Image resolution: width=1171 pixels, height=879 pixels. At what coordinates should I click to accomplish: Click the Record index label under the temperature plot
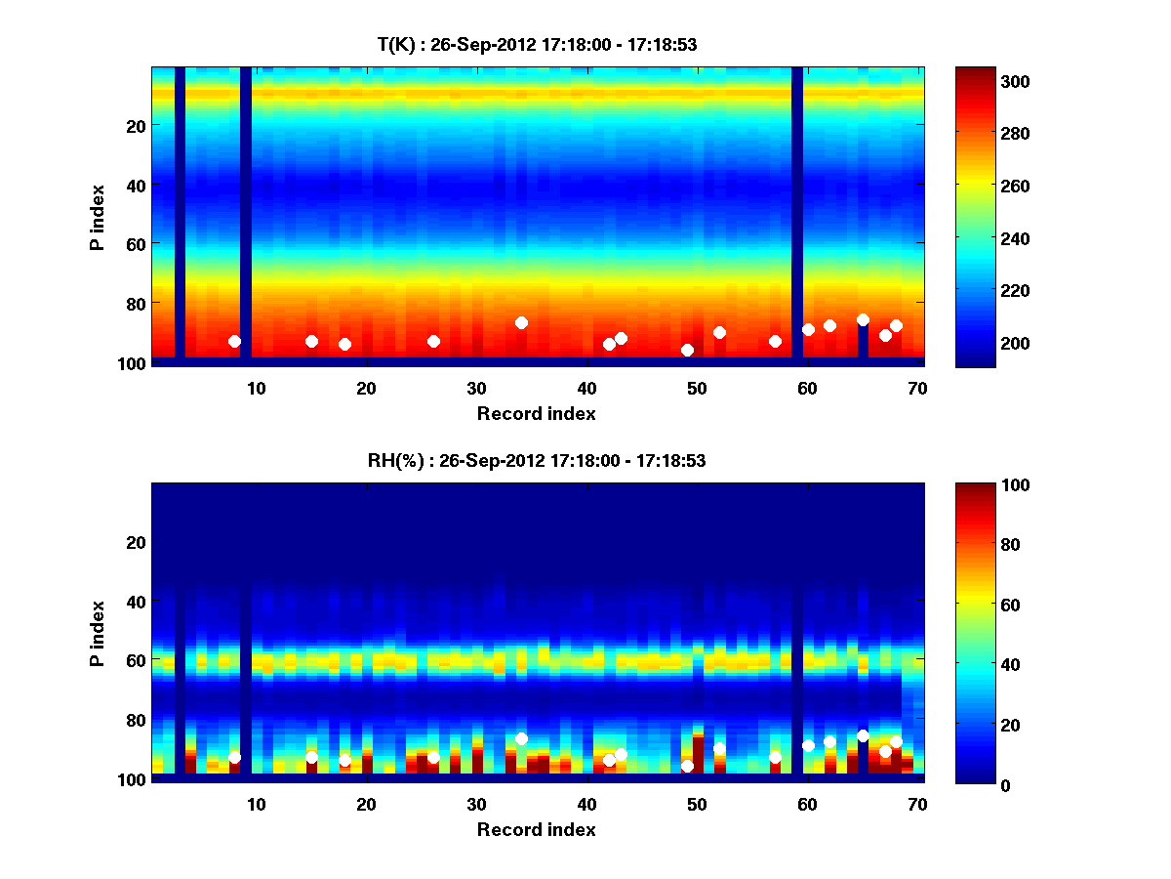pos(537,413)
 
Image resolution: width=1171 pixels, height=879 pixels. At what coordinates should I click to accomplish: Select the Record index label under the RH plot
pos(537,829)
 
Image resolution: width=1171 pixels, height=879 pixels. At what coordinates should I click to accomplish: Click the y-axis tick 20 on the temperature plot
pos(135,125)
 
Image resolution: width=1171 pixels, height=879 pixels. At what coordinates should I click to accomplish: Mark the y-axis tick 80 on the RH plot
pos(135,720)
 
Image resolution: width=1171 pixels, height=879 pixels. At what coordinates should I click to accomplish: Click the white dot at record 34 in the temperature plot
pos(521,322)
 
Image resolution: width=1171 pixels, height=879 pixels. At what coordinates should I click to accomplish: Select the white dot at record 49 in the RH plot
pos(687,766)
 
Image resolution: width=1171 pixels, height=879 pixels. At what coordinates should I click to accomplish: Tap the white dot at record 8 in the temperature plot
pos(234,341)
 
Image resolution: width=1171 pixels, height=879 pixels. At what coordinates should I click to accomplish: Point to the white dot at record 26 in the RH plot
pos(433,758)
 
